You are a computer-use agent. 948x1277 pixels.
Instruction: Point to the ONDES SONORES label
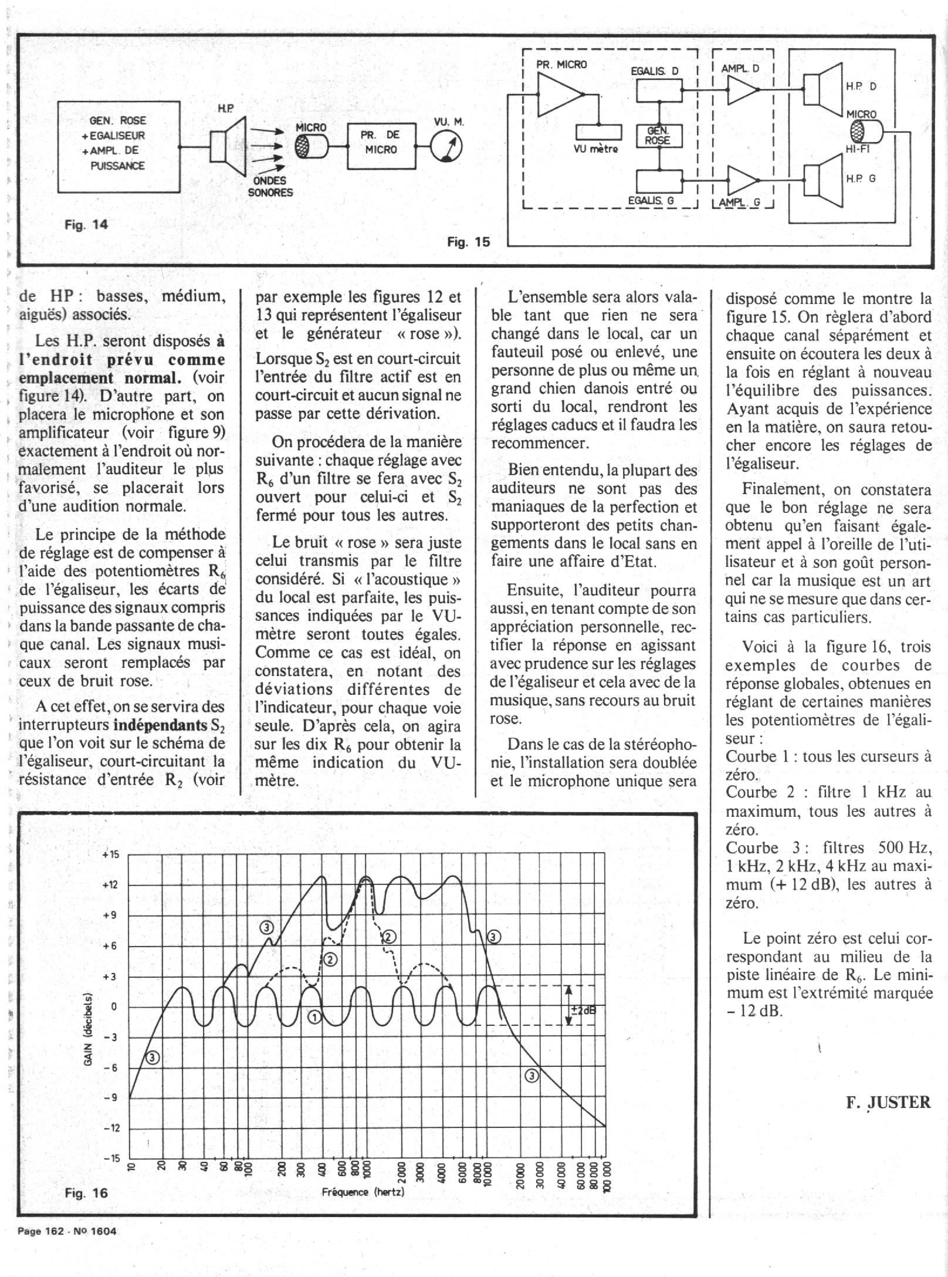[x=270, y=187]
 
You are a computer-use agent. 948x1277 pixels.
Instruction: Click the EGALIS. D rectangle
[x=659, y=90]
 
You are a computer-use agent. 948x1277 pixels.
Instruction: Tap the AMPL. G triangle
[x=742, y=180]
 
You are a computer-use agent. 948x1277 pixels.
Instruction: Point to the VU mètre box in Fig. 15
[x=598, y=132]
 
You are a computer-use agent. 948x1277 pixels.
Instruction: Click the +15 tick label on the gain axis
[x=111, y=854]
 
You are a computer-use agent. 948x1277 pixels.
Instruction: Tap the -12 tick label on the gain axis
[x=111, y=1128]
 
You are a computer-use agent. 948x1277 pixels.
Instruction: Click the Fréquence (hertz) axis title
[x=363, y=1192]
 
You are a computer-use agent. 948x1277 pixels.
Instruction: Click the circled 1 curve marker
[x=314, y=1017]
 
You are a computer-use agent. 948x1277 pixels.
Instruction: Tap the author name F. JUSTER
[x=888, y=1102]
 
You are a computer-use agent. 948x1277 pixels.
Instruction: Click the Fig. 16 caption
[x=86, y=1193]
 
